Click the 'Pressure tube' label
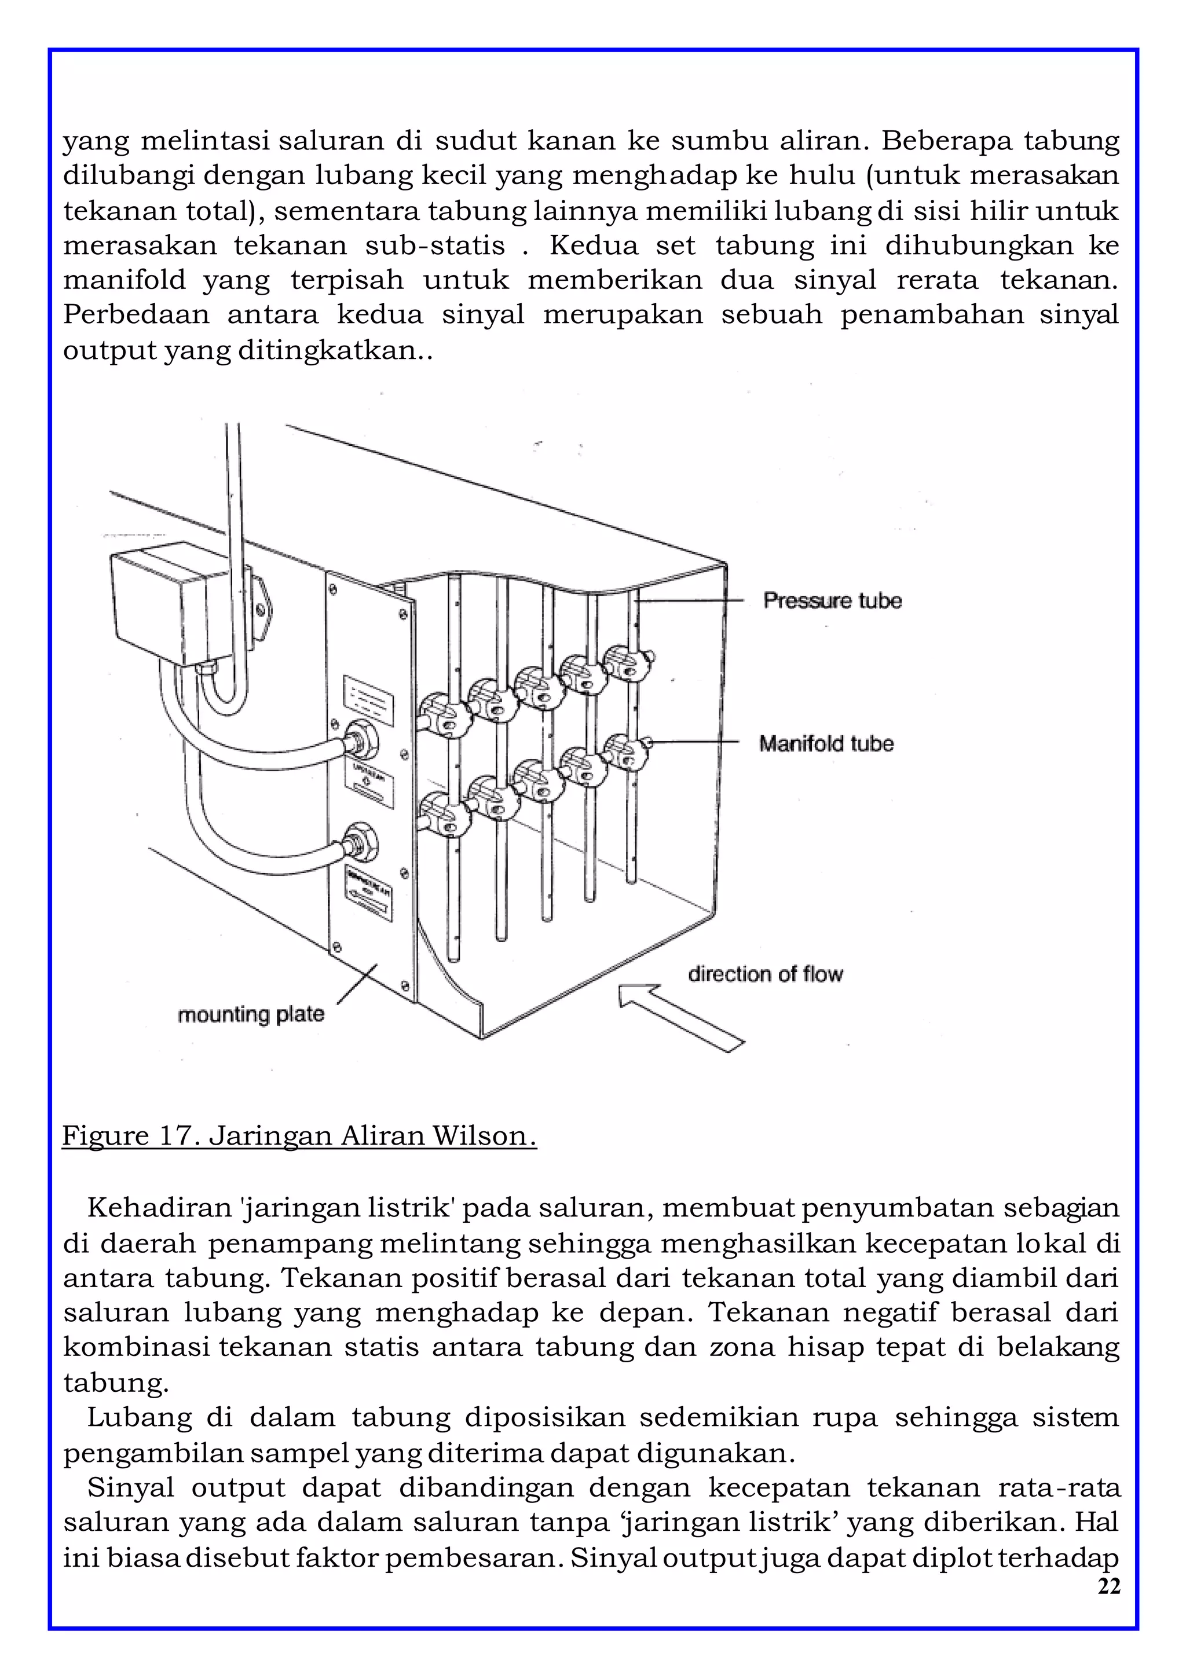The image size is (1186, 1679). (832, 600)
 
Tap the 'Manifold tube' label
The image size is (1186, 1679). (826, 744)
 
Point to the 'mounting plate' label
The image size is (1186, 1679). (251, 1014)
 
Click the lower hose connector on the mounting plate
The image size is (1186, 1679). (361, 842)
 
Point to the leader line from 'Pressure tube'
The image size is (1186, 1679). (691, 600)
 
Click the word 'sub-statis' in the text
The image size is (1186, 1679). (434, 245)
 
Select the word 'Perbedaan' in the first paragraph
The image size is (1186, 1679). (136, 315)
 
